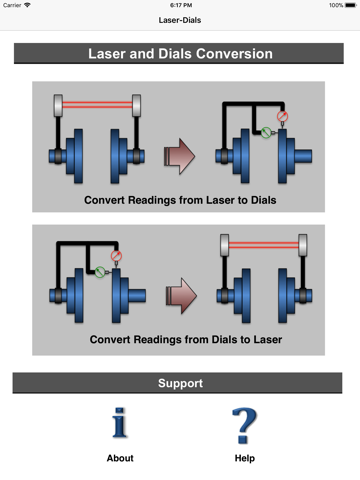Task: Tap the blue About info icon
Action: click(x=120, y=422)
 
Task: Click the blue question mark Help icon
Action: click(x=244, y=425)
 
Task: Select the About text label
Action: click(x=120, y=458)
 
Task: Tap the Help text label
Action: click(x=245, y=458)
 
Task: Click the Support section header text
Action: click(x=180, y=383)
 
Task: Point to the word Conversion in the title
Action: click(x=234, y=54)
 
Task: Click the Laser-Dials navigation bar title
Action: click(x=180, y=20)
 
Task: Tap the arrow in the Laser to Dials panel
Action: click(x=179, y=156)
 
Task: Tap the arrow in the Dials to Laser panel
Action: click(x=181, y=296)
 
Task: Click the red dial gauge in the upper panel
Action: click(x=282, y=116)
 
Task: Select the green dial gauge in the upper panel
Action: click(x=266, y=132)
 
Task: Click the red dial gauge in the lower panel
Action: click(x=116, y=256)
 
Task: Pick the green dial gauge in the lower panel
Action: click(x=100, y=272)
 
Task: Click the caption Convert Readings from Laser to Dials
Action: click(x=180, y=200)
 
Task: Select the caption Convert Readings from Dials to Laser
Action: click(x=186, y=340)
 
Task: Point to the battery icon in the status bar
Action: click(x=351, y=5)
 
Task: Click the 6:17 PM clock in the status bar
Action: click(x=181, y=5)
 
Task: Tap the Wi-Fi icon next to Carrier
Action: click(x=27, y=5)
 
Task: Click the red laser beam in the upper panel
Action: click(x=97, y=105)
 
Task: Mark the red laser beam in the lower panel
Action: click(x=263, y=245)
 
